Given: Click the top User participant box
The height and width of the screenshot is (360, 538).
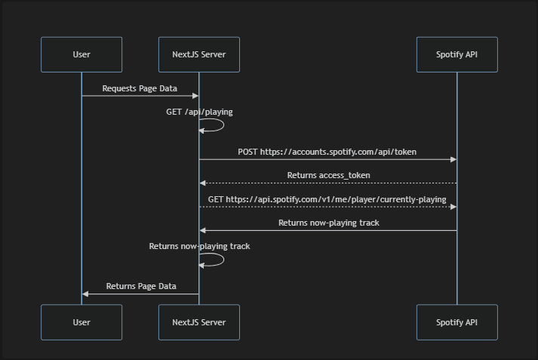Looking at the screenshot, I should click(x=81, y=54).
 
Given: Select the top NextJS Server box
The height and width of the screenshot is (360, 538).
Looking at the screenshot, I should click(x=199, y=54).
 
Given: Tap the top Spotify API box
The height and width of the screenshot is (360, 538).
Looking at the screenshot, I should click(x=457, y=54).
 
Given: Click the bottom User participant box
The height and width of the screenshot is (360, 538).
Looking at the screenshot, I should click(x=81, y=322).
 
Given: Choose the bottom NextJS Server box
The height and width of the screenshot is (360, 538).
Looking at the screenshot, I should click(x=199, y=322).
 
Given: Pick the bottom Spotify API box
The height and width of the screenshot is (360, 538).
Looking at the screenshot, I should click(x=457, y=322).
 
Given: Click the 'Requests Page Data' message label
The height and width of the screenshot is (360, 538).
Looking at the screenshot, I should click(x=140, y=88).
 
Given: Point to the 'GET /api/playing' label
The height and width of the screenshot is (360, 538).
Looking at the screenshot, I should click(x=199, y=112).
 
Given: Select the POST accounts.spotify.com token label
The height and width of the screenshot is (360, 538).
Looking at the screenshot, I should click(x=327, y=152).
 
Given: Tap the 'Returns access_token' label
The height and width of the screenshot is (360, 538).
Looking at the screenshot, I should click(x=328, y=175).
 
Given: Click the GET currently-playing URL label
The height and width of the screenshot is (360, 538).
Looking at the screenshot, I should click(x=327, y=199).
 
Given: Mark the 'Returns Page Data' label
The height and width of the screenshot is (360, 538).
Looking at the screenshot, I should click(x=141, y=286).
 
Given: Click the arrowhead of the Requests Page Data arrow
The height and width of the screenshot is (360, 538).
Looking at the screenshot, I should click(x=195, y=96).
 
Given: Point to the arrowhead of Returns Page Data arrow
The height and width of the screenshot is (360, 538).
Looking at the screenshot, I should click(x=85, y=294).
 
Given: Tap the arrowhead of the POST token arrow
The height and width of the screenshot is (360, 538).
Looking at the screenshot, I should click(x=453, y=159).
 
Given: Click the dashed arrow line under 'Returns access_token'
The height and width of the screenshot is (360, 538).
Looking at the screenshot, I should click(x=328, y=183).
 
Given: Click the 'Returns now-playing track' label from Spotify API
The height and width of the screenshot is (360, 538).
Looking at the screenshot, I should click(x=328, y=223).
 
